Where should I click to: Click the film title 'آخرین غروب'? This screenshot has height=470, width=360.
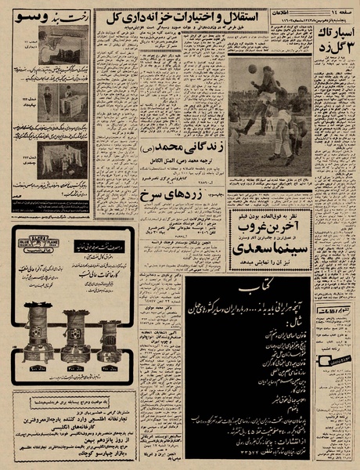pyautogui.click(x=272, y=221)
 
